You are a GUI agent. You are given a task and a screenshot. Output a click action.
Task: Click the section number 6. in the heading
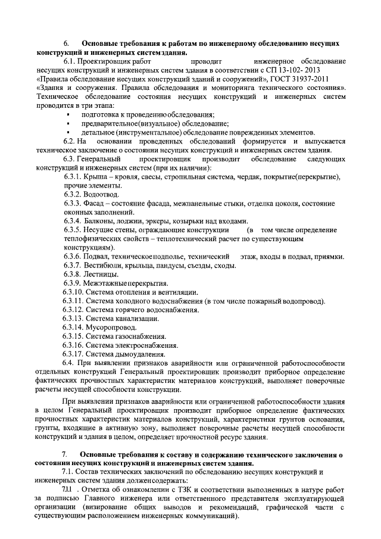pos(67,44)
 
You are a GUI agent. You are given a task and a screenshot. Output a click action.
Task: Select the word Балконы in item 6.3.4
pos(101,221)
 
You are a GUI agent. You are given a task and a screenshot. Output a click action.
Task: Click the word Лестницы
pos(102,274)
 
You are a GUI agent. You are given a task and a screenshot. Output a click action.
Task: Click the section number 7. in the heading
pos(65,455)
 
